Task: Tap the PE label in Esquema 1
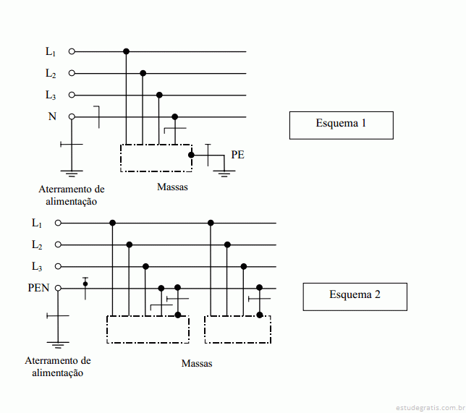(238, 155)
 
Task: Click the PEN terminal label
(38, 288)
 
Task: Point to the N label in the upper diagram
(52, 116)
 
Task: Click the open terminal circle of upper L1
(72, 51)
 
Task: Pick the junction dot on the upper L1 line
(126, 51)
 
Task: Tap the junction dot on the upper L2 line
(143, 73)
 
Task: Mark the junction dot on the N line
(175, 116)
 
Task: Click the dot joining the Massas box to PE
(191, 155)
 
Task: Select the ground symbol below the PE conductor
(224, 174)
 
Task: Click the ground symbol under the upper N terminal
(72, 174)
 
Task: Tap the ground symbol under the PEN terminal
(58, 345)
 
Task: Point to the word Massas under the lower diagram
(197, 363)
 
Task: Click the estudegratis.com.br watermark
(431, 408)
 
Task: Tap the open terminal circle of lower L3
(58, 266)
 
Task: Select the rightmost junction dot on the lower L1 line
(211, 223)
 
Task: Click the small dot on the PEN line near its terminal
(85, 284)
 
